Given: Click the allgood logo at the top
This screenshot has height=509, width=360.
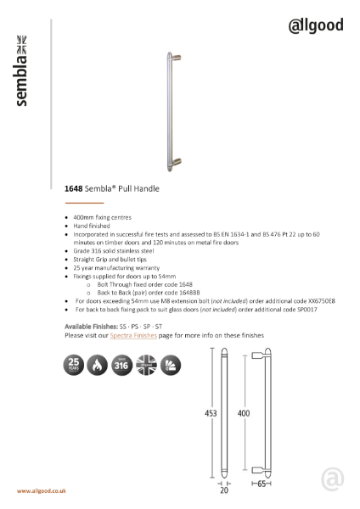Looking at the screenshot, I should click(315, 25).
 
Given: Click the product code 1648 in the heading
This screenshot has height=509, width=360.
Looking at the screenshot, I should click(74, 189).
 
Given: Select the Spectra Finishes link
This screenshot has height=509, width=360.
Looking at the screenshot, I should click(135, 336).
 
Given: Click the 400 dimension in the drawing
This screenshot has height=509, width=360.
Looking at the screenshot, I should click(244, 413).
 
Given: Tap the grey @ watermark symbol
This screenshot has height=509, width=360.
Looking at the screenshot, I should click(333, 481).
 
